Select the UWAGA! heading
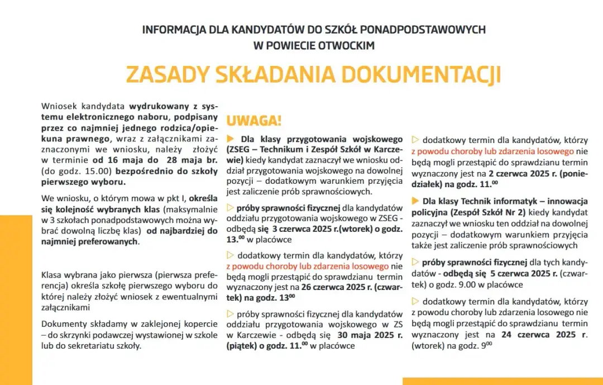pos(253,121)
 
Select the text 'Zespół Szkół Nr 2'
pos(486,212)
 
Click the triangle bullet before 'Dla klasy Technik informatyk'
pos(415,201)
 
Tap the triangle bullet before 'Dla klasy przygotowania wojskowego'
pos(230,139)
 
